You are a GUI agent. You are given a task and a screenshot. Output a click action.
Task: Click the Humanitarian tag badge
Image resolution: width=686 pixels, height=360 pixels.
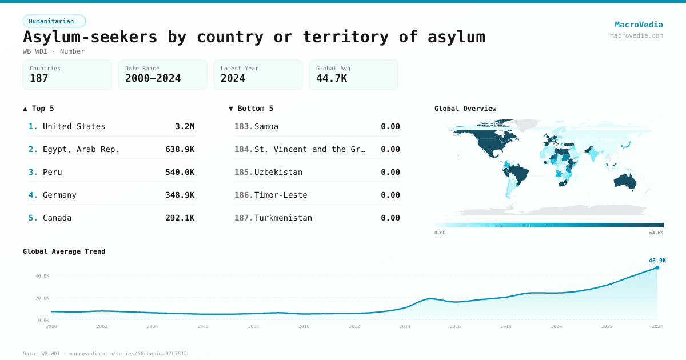point(54,21)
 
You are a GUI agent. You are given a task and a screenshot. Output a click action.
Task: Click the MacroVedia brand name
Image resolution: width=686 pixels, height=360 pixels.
point(639,25)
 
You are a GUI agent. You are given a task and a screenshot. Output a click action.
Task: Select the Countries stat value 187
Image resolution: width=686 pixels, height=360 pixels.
point(39,78)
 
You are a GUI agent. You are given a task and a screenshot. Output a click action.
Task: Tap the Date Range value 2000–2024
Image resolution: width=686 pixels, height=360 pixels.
point(153,78)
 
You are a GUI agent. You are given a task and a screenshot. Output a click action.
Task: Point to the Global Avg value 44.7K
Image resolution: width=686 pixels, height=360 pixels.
point(332,78)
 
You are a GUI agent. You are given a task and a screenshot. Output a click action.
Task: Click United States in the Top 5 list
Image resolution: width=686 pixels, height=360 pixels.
point(74,126)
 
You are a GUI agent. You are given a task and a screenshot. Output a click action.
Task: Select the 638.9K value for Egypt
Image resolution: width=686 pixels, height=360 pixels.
point(180,149)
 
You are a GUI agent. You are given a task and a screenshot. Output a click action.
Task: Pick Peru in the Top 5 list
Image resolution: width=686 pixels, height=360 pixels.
point(52,172)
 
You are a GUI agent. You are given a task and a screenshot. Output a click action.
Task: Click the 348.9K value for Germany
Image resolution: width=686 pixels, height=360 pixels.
point(180,195)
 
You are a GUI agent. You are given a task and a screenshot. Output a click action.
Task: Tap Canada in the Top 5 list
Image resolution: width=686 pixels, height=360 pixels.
point(57,218)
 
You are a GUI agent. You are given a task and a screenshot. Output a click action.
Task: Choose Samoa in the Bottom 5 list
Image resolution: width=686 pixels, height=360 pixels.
point(266,126)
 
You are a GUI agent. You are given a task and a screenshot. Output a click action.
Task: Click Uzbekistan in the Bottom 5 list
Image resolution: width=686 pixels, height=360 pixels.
point(278,172)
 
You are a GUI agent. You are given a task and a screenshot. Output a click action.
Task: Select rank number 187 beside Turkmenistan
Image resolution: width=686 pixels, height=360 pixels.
point(243,218)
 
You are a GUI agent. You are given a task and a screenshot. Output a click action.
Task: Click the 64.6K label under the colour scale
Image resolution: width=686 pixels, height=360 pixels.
point(656,233)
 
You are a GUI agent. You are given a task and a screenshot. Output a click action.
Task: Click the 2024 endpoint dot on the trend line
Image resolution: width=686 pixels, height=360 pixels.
point(657,267)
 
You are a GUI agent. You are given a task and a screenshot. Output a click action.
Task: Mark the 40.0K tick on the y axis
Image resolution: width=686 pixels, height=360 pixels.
point(42,276)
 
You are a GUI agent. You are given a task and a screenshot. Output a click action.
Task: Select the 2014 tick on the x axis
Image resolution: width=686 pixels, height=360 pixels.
point(405,326)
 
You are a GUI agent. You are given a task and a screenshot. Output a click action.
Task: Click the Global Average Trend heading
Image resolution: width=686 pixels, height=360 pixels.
point(64,251)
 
